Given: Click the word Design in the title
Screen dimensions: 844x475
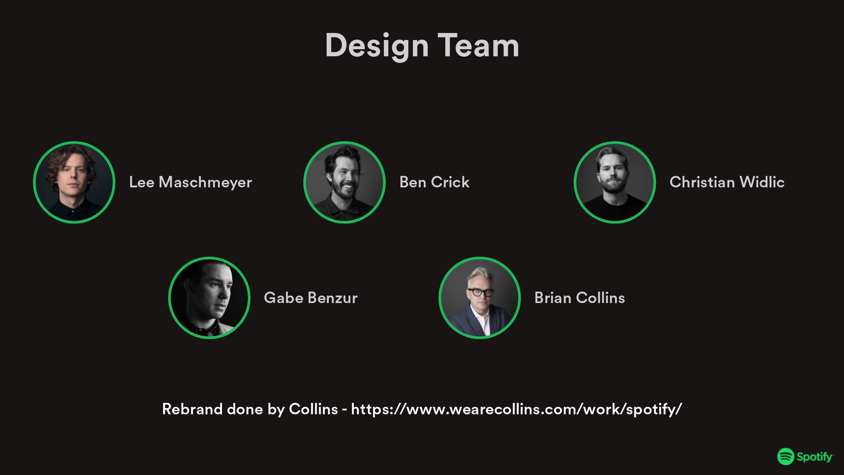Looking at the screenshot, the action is pyautogui.click(x=377, y=46).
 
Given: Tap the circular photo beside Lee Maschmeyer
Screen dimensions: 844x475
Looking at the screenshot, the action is pyautogui.click(x=74, y=182).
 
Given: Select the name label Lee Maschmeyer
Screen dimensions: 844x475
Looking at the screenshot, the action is pyautogui.click(x=190, y=182).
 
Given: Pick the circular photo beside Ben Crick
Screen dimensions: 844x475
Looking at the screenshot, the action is pyautogui.click(x=344, y=182).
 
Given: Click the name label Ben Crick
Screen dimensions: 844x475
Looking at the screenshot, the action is pyautogui.click(x=434, y=182).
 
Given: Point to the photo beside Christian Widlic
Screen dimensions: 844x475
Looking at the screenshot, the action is pyautogui.click(x=615, y=182).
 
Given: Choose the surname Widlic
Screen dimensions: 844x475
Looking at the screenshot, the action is pyautogui.click(x=762, y=182).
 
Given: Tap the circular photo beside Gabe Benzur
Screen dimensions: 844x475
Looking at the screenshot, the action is pyautogui.click(x=209, y=298).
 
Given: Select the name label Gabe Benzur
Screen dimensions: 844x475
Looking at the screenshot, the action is pyautogui.click(x=311, y=298).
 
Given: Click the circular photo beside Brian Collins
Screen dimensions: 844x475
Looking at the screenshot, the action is pyautogui.click(x=480, y=298).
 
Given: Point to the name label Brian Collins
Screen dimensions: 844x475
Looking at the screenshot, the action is pyautogui.click(x=579, y=298).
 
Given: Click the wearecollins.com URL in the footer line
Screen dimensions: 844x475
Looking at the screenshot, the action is pyautogui.click(x=517, y=409).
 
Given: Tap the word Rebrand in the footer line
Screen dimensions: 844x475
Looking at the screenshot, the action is pyautogui.click(x=192, y=409).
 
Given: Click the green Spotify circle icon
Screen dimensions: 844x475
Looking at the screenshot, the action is pyautogui.click(x=786, y=457).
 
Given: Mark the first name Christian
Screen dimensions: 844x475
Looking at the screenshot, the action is pyautogui.click(x=702, y=182).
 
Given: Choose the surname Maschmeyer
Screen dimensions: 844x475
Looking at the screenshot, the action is pyautogui.click(x=205, y=182).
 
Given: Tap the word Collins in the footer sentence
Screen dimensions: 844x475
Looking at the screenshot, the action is pyautogui.click(x=313, y=409).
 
